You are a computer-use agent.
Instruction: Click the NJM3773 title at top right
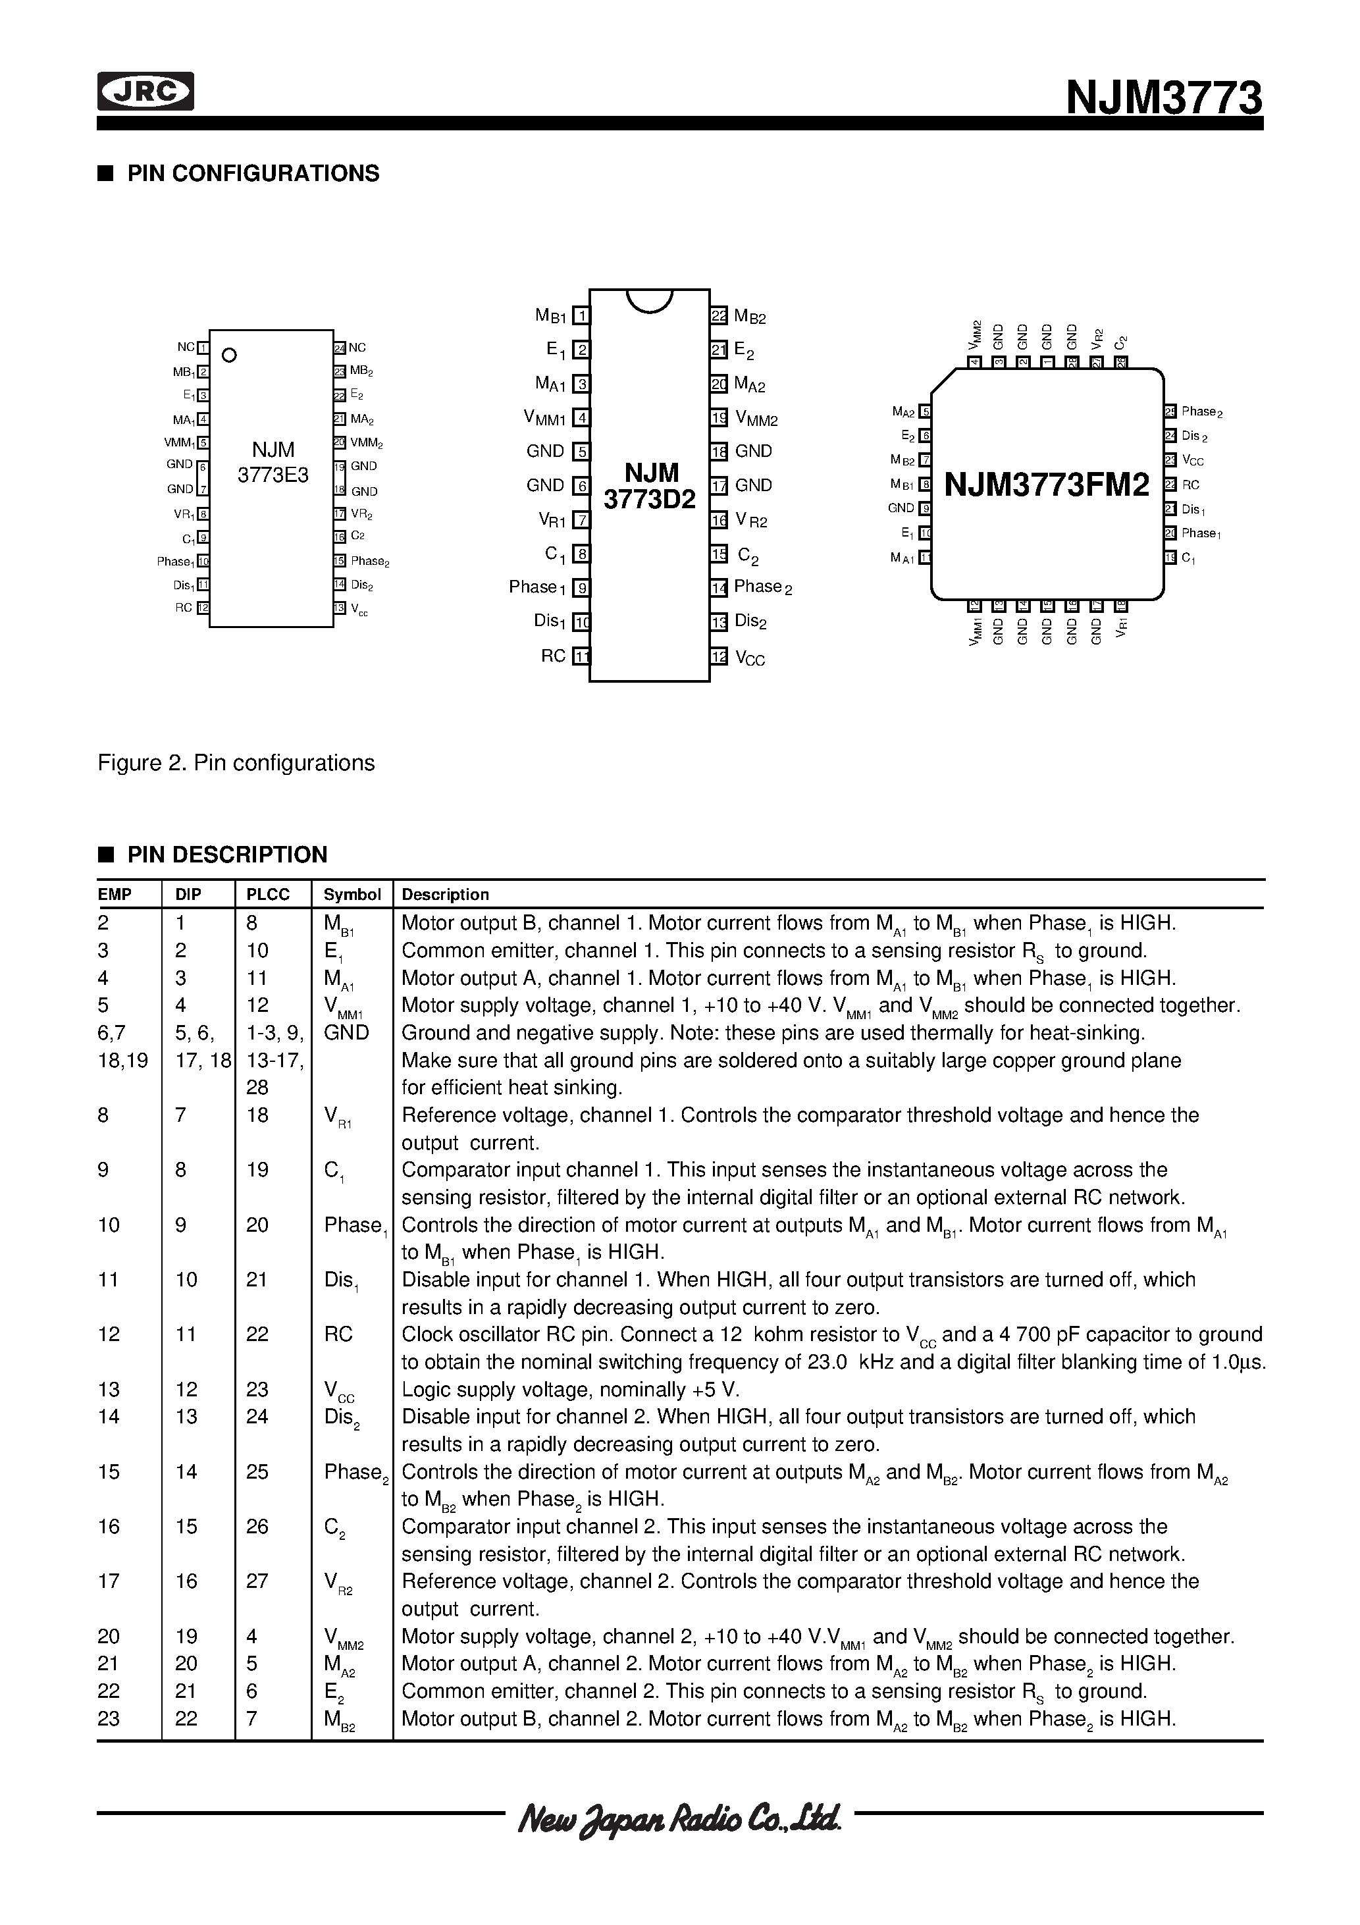coord(1163,98)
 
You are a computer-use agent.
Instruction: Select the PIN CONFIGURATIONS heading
coord(252,174)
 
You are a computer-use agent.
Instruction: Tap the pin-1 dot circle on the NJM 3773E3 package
coord(229,355)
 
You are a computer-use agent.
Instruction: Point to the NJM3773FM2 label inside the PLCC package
coord(1047,485)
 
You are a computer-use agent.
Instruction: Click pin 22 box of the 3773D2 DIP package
coord(719,316)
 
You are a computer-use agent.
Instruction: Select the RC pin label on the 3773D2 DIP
coord(554,656)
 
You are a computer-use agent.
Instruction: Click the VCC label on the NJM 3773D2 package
coord(750,658)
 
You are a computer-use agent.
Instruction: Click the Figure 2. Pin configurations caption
coord(236,763)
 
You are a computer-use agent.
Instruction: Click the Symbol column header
coord(352,895)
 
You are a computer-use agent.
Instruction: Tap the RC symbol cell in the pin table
coord(339,1334)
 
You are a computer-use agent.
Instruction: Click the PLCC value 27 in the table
coord(257,1581)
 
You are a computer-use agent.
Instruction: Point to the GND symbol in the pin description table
coord(346,1032)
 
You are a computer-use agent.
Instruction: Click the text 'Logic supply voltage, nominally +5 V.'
coord(570,1389)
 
